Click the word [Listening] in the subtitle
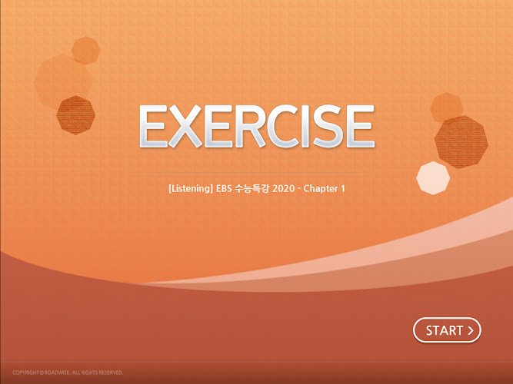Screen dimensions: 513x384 (x=191, y=189)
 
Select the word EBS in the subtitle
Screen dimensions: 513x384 (x=224, y=189)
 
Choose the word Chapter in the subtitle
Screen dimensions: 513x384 (x=321, y=189)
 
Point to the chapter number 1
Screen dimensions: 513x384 (x=343, y=189)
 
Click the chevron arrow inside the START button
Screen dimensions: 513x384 (x=471, y=331)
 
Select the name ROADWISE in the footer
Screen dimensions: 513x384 (x=57, y=372)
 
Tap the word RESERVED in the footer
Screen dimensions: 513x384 (x=111, y=372)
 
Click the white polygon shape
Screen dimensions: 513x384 (x=433, y=178)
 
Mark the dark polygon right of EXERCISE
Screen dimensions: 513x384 (x=461, y=142)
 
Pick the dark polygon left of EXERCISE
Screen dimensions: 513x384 (x=76, y=115)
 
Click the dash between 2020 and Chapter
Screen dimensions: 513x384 (x=299, y=189)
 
